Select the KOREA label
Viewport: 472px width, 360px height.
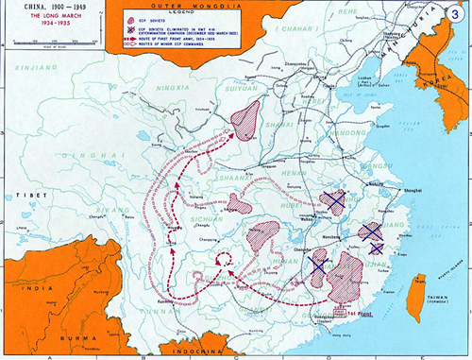[x=445, y=102]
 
